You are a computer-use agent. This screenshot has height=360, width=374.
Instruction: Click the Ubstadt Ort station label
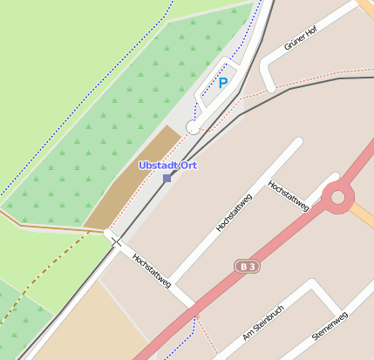pyautogui.click(x=167, y=166)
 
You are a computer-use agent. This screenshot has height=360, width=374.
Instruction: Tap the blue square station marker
pyautogui.click(x=167, y=178)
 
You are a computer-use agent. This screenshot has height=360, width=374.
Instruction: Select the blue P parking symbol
pyautogui.click(x=222, y=83)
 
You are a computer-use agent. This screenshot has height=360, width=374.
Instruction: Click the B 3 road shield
pyautogui.click(x=248, y=266)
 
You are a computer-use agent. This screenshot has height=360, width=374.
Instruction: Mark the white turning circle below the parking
pyautogui.click(x=194, y=128)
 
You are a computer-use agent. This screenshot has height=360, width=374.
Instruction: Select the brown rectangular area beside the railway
pyautogui.click(x=131, y=180)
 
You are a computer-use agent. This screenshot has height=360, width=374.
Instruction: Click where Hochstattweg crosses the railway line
pyautogui.click(x=115, y=241)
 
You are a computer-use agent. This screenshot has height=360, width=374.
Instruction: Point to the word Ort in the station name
pyautogui.click(x=187, y=166)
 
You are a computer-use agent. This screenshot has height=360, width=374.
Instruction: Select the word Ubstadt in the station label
pyautogui.click(x=158, y=166)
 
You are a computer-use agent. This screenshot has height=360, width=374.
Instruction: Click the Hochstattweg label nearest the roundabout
pyautogui.click(x=289, y=195)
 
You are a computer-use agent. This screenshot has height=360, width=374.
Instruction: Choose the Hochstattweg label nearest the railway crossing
pyautogui.click(x=151, y=270)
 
